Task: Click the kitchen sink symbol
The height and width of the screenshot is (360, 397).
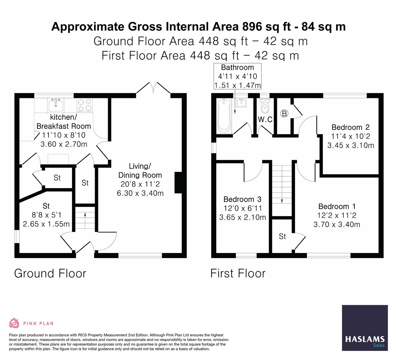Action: (x=56, y=105)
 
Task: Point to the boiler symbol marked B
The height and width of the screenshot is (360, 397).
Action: (x=284, y=113)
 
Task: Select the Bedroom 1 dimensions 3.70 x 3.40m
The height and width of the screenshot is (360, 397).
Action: (x=337, y=225)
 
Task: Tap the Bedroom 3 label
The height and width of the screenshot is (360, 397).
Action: (x=242, y=199)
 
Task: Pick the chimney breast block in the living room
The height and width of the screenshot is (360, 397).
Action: (x=179, y=183)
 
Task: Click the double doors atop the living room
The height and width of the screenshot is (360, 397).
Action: (x=153, y=88)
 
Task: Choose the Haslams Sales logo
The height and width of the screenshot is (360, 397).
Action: (x=365, y=328)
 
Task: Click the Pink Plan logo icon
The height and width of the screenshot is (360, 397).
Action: (x=14, y=323)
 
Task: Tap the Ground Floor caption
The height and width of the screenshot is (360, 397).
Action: (x=50, y=273)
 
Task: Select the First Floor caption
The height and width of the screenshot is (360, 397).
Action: (x=238, y=273)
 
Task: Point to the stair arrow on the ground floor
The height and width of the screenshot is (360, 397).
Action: (x=85, y=215)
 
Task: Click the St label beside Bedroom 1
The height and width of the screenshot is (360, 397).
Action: (x=282, y=236)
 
